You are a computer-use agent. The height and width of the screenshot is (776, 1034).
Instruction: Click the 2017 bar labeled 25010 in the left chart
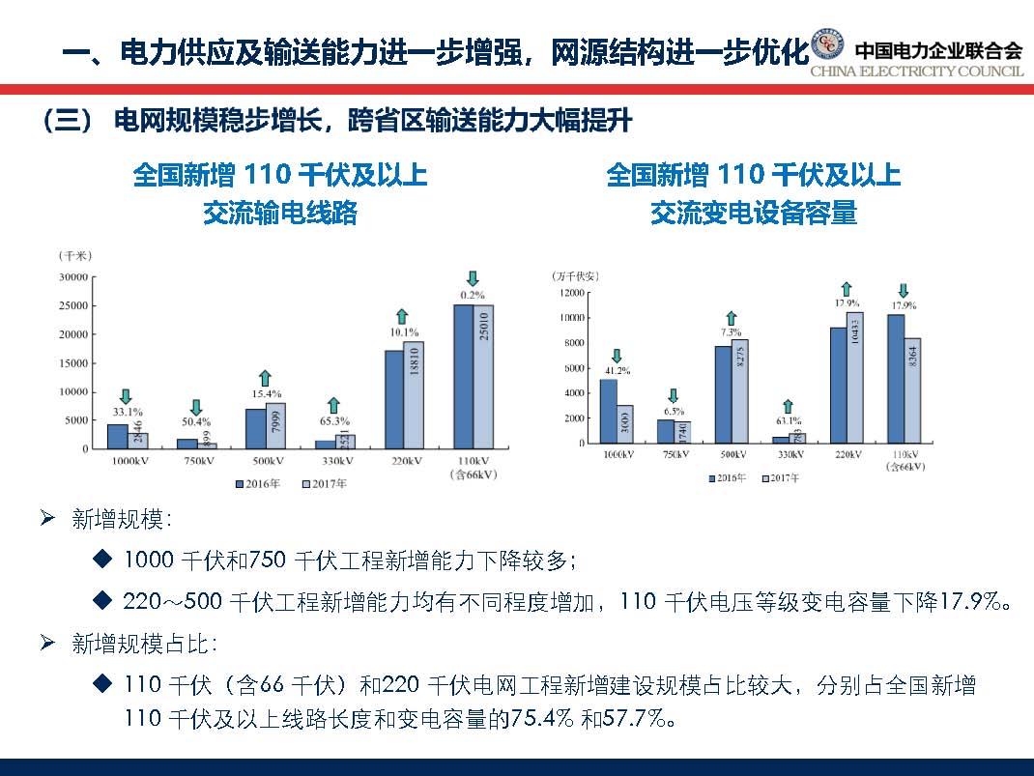[x=483, y=376]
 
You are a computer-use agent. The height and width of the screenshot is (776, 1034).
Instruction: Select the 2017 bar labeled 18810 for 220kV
[x=414, y=394]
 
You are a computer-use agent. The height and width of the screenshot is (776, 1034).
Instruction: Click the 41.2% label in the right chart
[x=616, y=369]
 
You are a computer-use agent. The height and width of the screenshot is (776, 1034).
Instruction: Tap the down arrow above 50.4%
[x=195, y=408]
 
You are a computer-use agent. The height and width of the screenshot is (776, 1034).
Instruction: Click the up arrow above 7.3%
[x=732, y=317]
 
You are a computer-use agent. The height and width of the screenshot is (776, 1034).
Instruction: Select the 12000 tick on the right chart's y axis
[x=569, y=292]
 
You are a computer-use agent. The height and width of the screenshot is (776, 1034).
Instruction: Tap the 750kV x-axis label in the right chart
[x=674, y=454]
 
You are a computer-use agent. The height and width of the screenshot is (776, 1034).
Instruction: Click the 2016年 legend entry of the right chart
[x=726, y=478]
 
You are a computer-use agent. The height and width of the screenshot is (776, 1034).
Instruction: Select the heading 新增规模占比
[x=121, y=645]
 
